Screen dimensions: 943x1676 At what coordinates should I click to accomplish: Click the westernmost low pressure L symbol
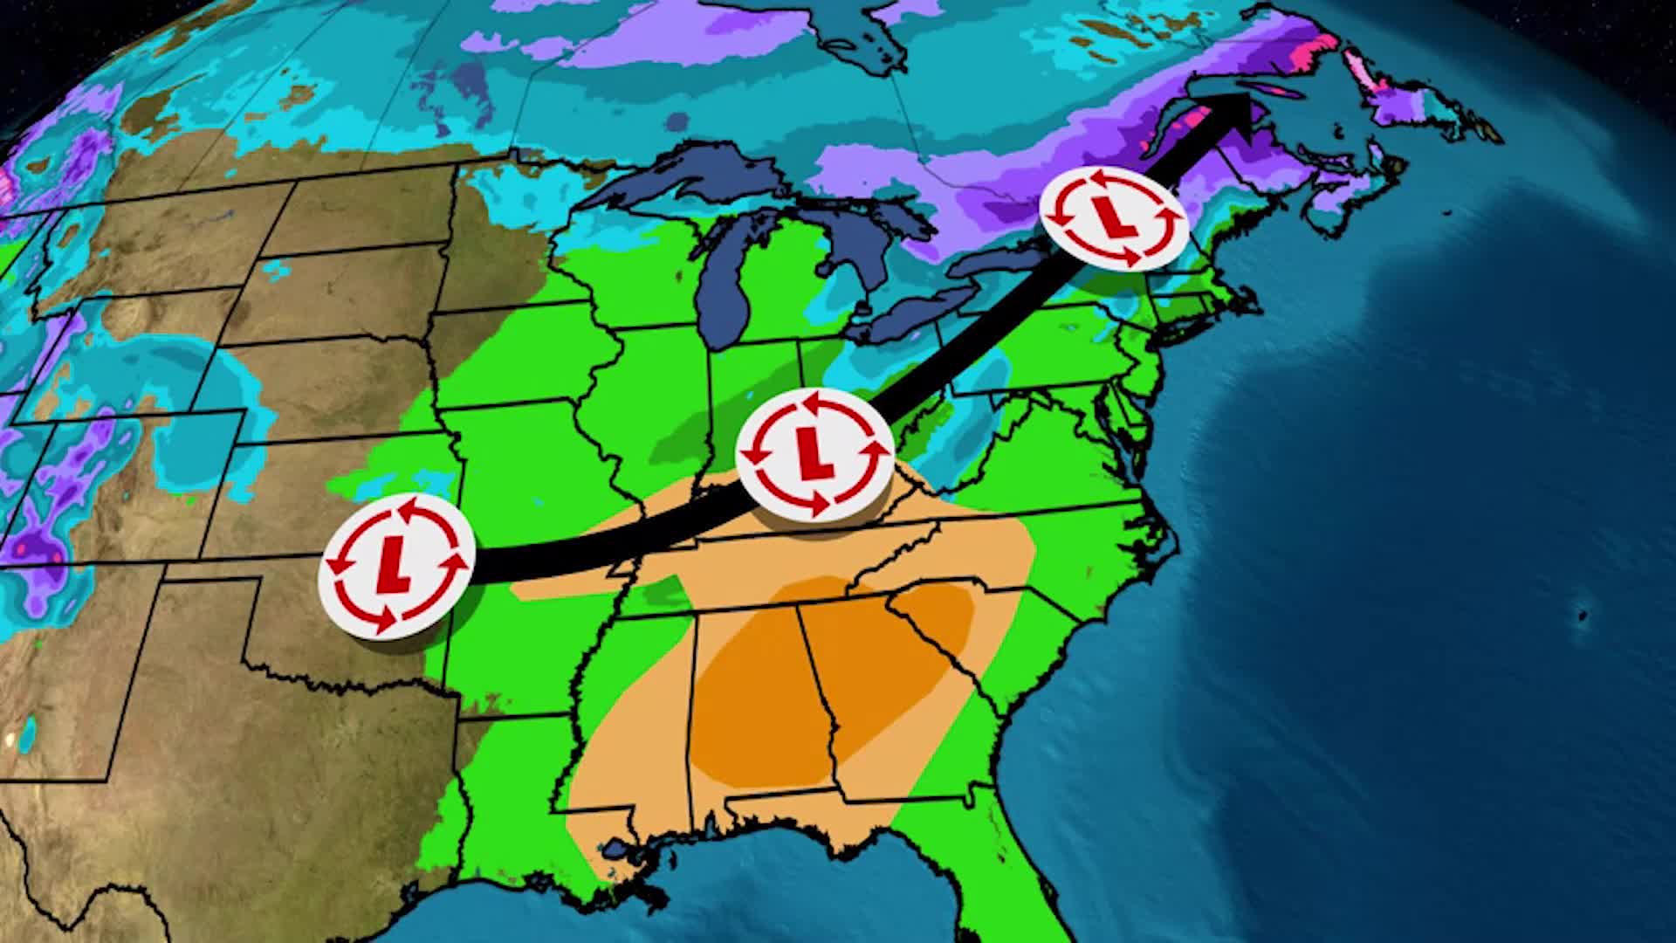[x=397, y=565]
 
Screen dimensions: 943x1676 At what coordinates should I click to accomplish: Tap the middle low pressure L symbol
[x=814, y=453]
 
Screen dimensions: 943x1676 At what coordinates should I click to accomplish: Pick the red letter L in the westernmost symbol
[x=395, y=563]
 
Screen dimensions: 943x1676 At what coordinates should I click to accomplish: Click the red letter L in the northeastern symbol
[x=1116, y=216]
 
